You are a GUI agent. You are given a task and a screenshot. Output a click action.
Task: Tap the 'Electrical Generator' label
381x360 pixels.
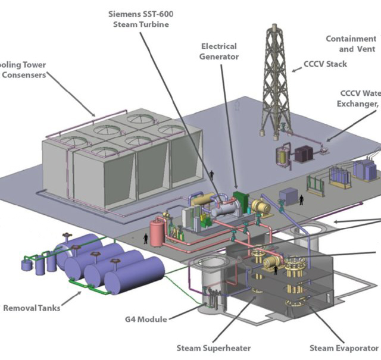tap(219, 51)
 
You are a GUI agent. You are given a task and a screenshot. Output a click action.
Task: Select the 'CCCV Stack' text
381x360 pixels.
tap(324, 64)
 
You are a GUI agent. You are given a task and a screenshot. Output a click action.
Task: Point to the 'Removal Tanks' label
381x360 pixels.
tap(32, 308)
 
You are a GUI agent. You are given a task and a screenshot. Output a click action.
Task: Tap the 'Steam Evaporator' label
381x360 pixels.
tap(343, 348)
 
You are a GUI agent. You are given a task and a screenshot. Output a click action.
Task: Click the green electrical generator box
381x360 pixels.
tap(241, 201)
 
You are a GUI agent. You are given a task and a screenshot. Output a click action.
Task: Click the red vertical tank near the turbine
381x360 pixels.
tap(157, 231)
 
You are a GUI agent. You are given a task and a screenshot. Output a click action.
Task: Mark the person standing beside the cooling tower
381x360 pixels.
tap(211, 176)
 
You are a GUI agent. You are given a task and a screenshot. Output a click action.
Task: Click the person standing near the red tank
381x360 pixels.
tap(146, 239)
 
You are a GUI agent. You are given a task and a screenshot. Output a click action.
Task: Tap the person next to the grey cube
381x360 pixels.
tap(301, 200)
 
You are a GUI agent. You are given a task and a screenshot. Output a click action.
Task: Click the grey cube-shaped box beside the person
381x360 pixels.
tap(288, 196)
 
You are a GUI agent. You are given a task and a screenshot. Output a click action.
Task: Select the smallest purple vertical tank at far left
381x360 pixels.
tap(27, 265)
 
